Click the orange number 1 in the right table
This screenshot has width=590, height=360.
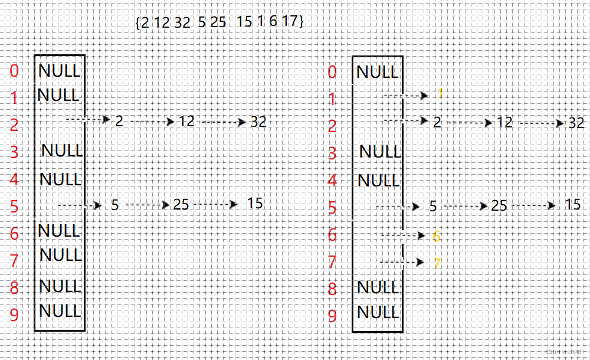pyautogui.click(x=440, y=94)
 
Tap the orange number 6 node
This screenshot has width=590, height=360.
pyautogui.click(x=437, y=236)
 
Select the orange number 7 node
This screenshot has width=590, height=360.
pyautogui.click(x=437, y=263)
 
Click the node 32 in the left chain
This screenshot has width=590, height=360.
pyautogui.click(x=258, y=122)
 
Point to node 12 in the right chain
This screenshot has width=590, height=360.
pyautogui.click(x=504, y=123)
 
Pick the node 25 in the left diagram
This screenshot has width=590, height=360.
pyautogui.click(x=181, y=204)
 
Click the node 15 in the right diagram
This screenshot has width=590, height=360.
pyautogui.click(x=573, y=205)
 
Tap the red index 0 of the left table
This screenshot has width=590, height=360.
pyautogui.click(x=14, y=71)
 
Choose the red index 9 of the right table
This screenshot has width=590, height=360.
pyautogui.click(x=332, y=316)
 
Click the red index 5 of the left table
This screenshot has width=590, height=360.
pyautogui.click(x=14, y=207)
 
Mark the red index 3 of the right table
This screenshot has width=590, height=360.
pyautogui.click(x=332, y=153)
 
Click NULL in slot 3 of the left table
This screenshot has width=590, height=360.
pyautogui.click(x=63, y=150)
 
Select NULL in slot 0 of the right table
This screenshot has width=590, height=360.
pyautogui.click(x=378, y=73)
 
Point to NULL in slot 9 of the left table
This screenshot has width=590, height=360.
pyautogui.click(x=60, y=310)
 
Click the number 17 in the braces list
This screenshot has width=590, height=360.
pyautogui.click(x=289, y=22)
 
